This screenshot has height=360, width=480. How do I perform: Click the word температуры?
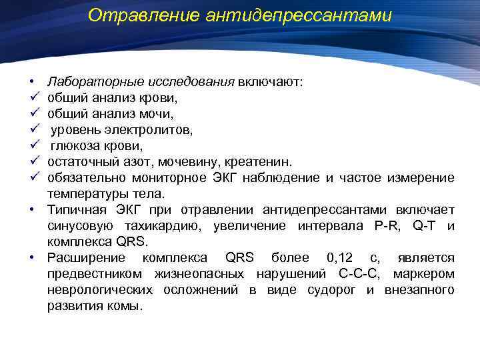coord(85,193)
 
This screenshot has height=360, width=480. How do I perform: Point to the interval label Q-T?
coord(425,225)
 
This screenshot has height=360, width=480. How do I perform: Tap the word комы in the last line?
coord(127,305)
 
